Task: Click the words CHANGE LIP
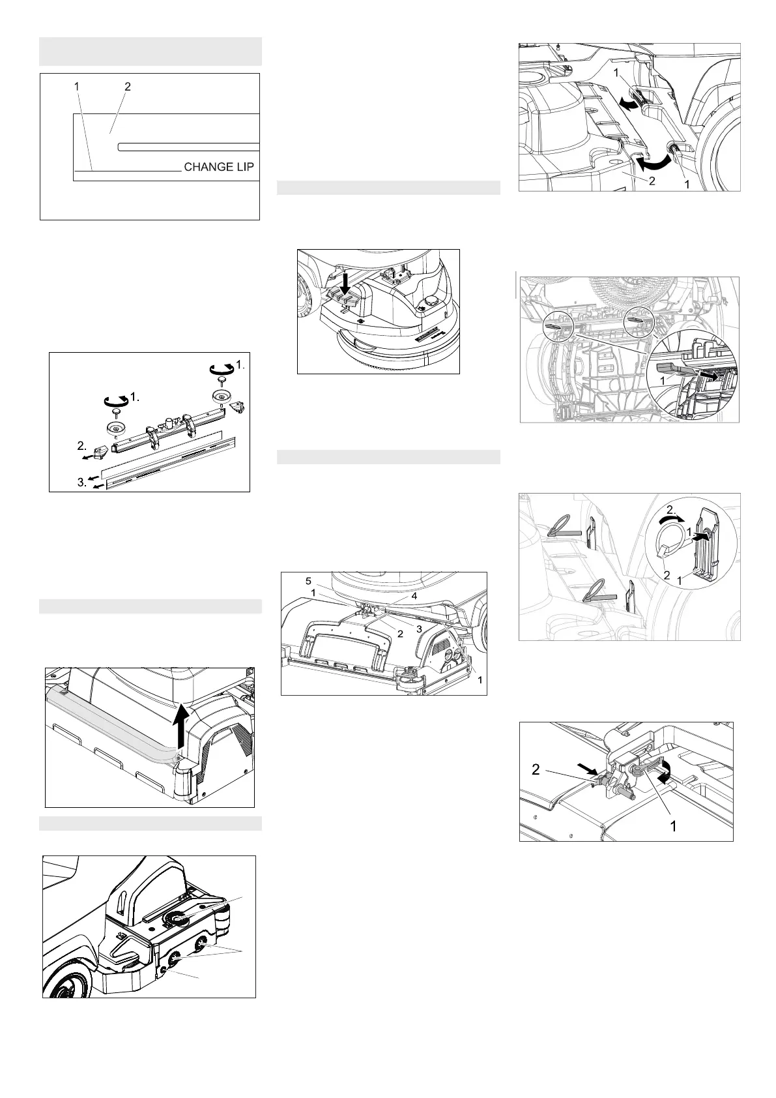(x=219, y=167)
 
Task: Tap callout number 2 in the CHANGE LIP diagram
(x=128, y=87)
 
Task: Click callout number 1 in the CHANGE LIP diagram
(x=76, y=86)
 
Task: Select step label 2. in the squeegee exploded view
(x=82, y=446)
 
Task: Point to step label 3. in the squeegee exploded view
(x=82, y=482)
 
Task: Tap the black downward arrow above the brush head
(x=346, y=284)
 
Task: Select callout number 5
(x=308, y=582)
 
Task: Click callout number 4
(x=414, y=596)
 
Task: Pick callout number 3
(x=419, y=629)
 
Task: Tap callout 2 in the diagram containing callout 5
(x=400, y=634)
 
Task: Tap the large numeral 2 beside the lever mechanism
(x=536, y=769)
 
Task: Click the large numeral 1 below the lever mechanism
(x=673, y=827)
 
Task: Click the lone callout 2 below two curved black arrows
(x=652, y=181)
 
